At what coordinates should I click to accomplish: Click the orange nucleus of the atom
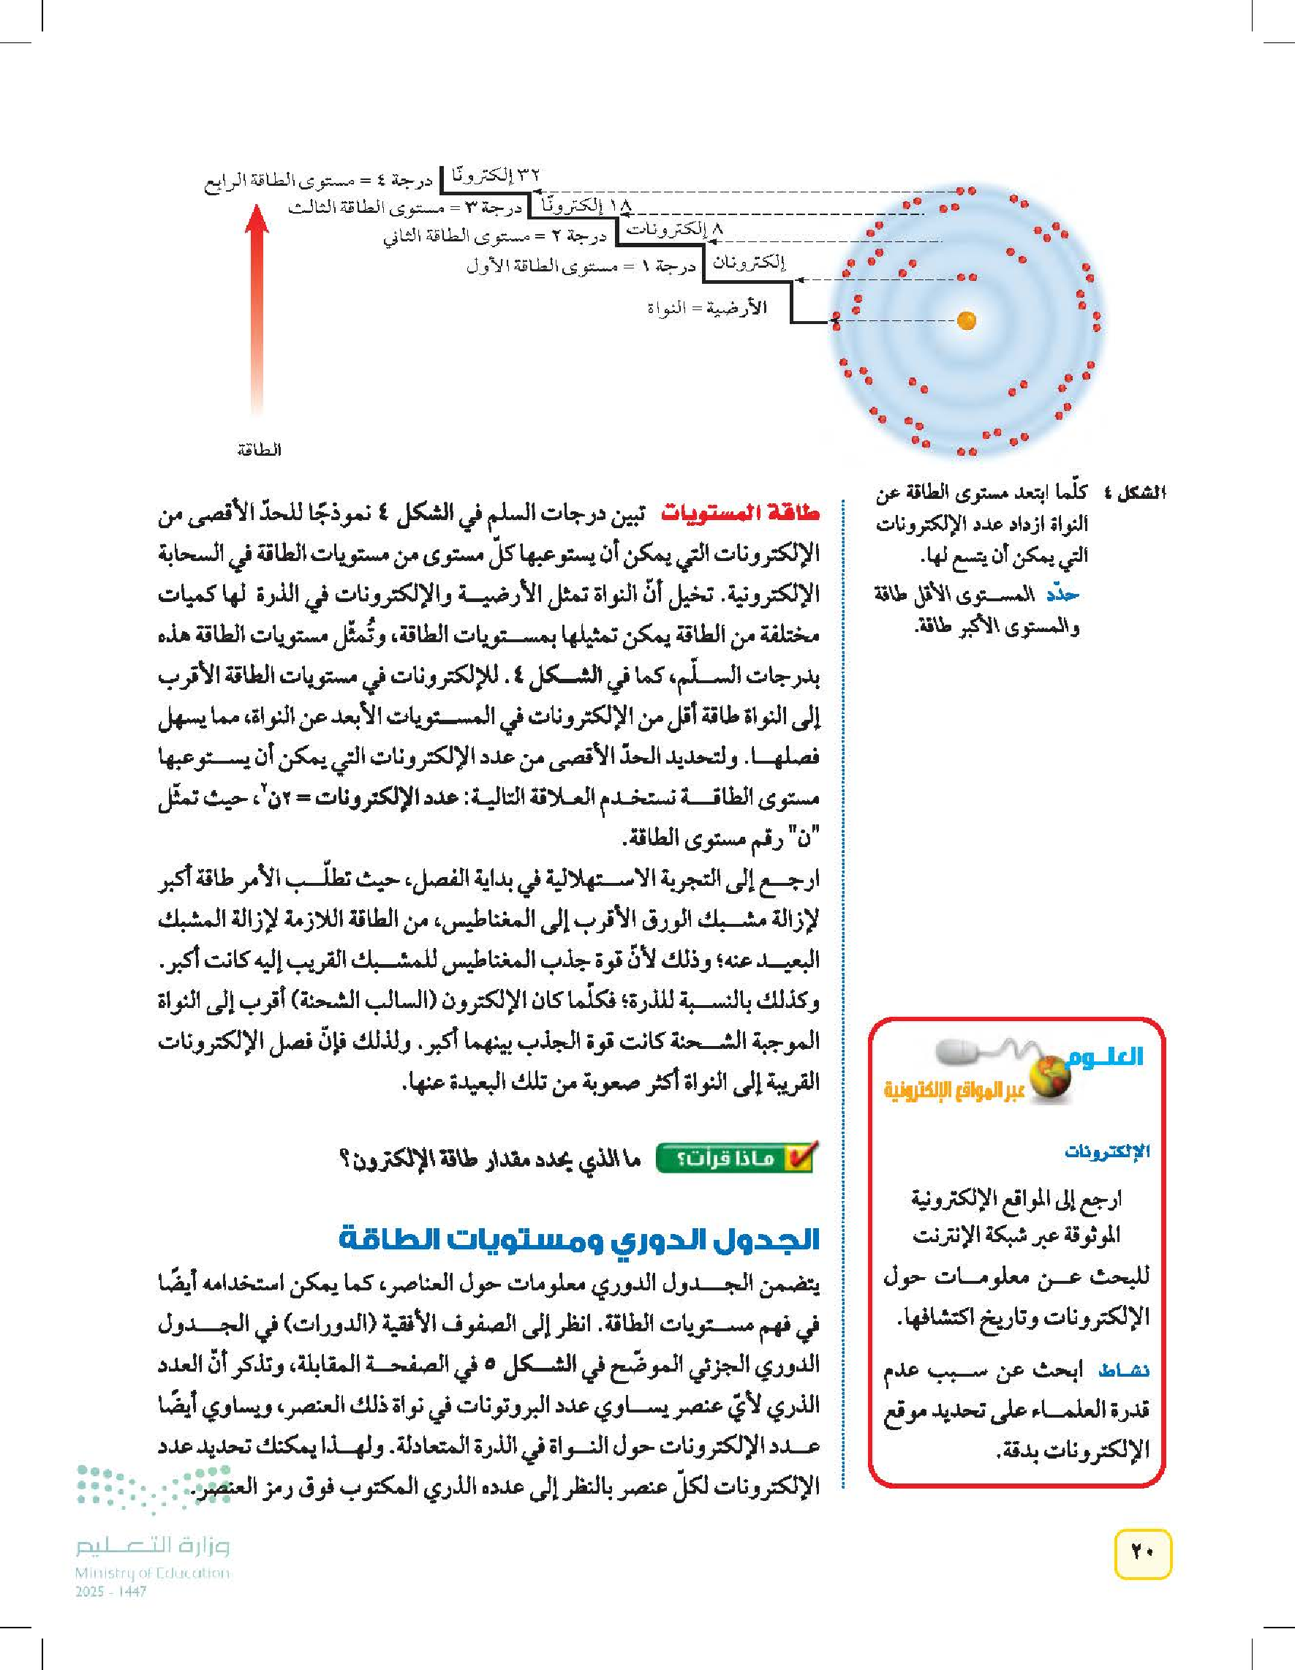click(966, 320)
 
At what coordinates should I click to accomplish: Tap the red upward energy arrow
click(259, 306)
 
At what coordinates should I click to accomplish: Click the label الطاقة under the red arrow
click(259, 451)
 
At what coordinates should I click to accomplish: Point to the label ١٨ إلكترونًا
click(588, 205)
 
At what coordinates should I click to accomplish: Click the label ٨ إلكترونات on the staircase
click(674, 229)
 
